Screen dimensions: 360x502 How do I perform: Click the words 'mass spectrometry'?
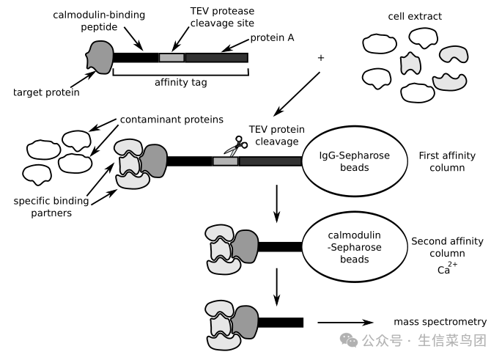[x=440, y=321]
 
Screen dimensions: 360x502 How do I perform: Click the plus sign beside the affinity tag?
[x=320, y=56]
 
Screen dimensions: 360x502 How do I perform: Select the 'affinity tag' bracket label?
[x=180, y=82]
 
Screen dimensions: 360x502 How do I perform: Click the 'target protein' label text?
[x=46, y=92]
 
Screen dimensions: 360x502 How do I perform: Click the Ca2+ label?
[x=444, y=269]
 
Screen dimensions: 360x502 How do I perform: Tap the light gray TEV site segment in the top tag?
[x=171, y=57]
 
